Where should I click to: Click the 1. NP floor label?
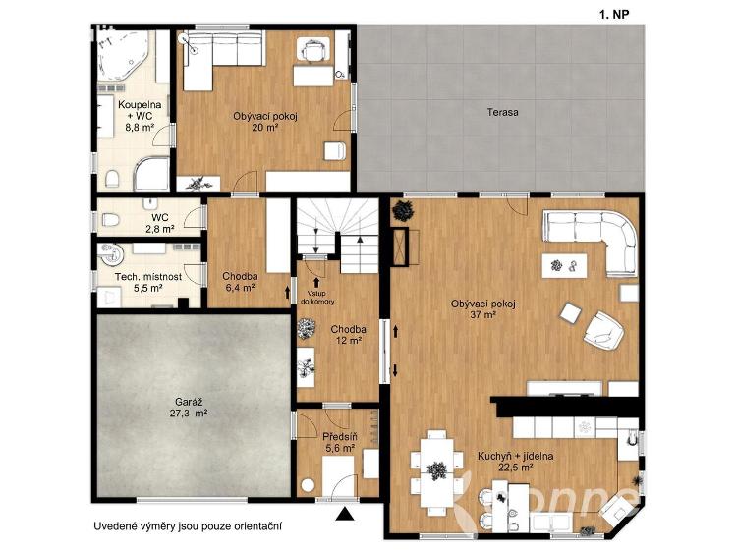coord(614,15)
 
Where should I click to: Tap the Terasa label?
coord(502,112)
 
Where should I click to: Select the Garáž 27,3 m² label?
coord(191,408)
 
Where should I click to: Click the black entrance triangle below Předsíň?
coord(346,514)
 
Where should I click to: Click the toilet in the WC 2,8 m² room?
coord(110,219)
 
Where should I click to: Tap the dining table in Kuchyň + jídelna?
coord(437,472)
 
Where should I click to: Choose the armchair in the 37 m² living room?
coord(603,331)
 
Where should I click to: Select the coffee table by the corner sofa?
coord(565,266)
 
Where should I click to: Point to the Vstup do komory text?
coord(317,298)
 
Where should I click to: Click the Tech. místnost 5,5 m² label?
coord(147,282)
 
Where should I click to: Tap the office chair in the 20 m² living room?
coord(313,50)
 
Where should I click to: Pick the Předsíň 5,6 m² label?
coord(339,443)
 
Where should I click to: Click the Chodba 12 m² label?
coord(348,335)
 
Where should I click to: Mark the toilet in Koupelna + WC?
coord(112,179)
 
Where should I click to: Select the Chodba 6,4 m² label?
coord(240,282)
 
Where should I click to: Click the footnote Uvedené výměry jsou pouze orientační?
coord(188,526)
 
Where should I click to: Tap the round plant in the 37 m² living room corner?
coord(403,210)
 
